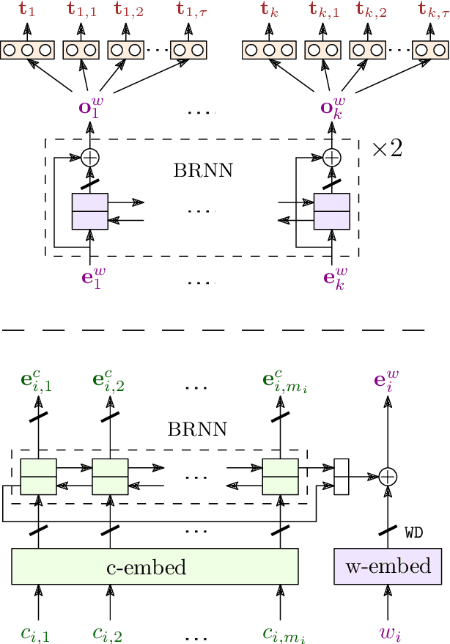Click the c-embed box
(155, 567)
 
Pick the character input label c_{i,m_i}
(283, 632)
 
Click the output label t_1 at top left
(27, 10)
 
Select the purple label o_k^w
(332, 107)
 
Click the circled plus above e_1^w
(89, 157)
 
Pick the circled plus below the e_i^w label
(387, 476)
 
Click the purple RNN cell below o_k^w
(332, 211)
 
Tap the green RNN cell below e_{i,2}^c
(110, 476)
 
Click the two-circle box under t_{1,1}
(81, 50)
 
